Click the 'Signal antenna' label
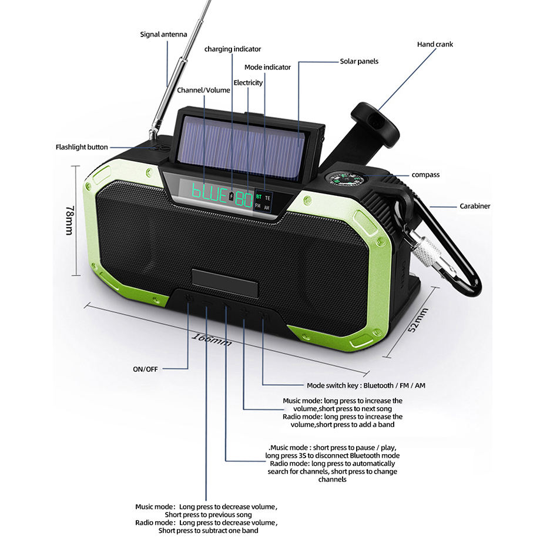[x=163, y=34]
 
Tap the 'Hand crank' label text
[x=435, y=44]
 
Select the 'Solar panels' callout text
[x=359, y=61]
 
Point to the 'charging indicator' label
[x=233, y=49]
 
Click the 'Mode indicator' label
[x=267, y=67]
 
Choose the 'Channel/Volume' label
[x=203, y=90]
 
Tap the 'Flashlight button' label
[x=82, y=147]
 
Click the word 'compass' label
[x=425, y=175]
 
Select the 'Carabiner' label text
[x=475, y=206]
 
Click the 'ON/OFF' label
[x=146, y=369]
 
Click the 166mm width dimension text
[x=212, y=338]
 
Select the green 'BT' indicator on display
[x=259, y=196]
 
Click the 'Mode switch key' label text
[x=366, y=385]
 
